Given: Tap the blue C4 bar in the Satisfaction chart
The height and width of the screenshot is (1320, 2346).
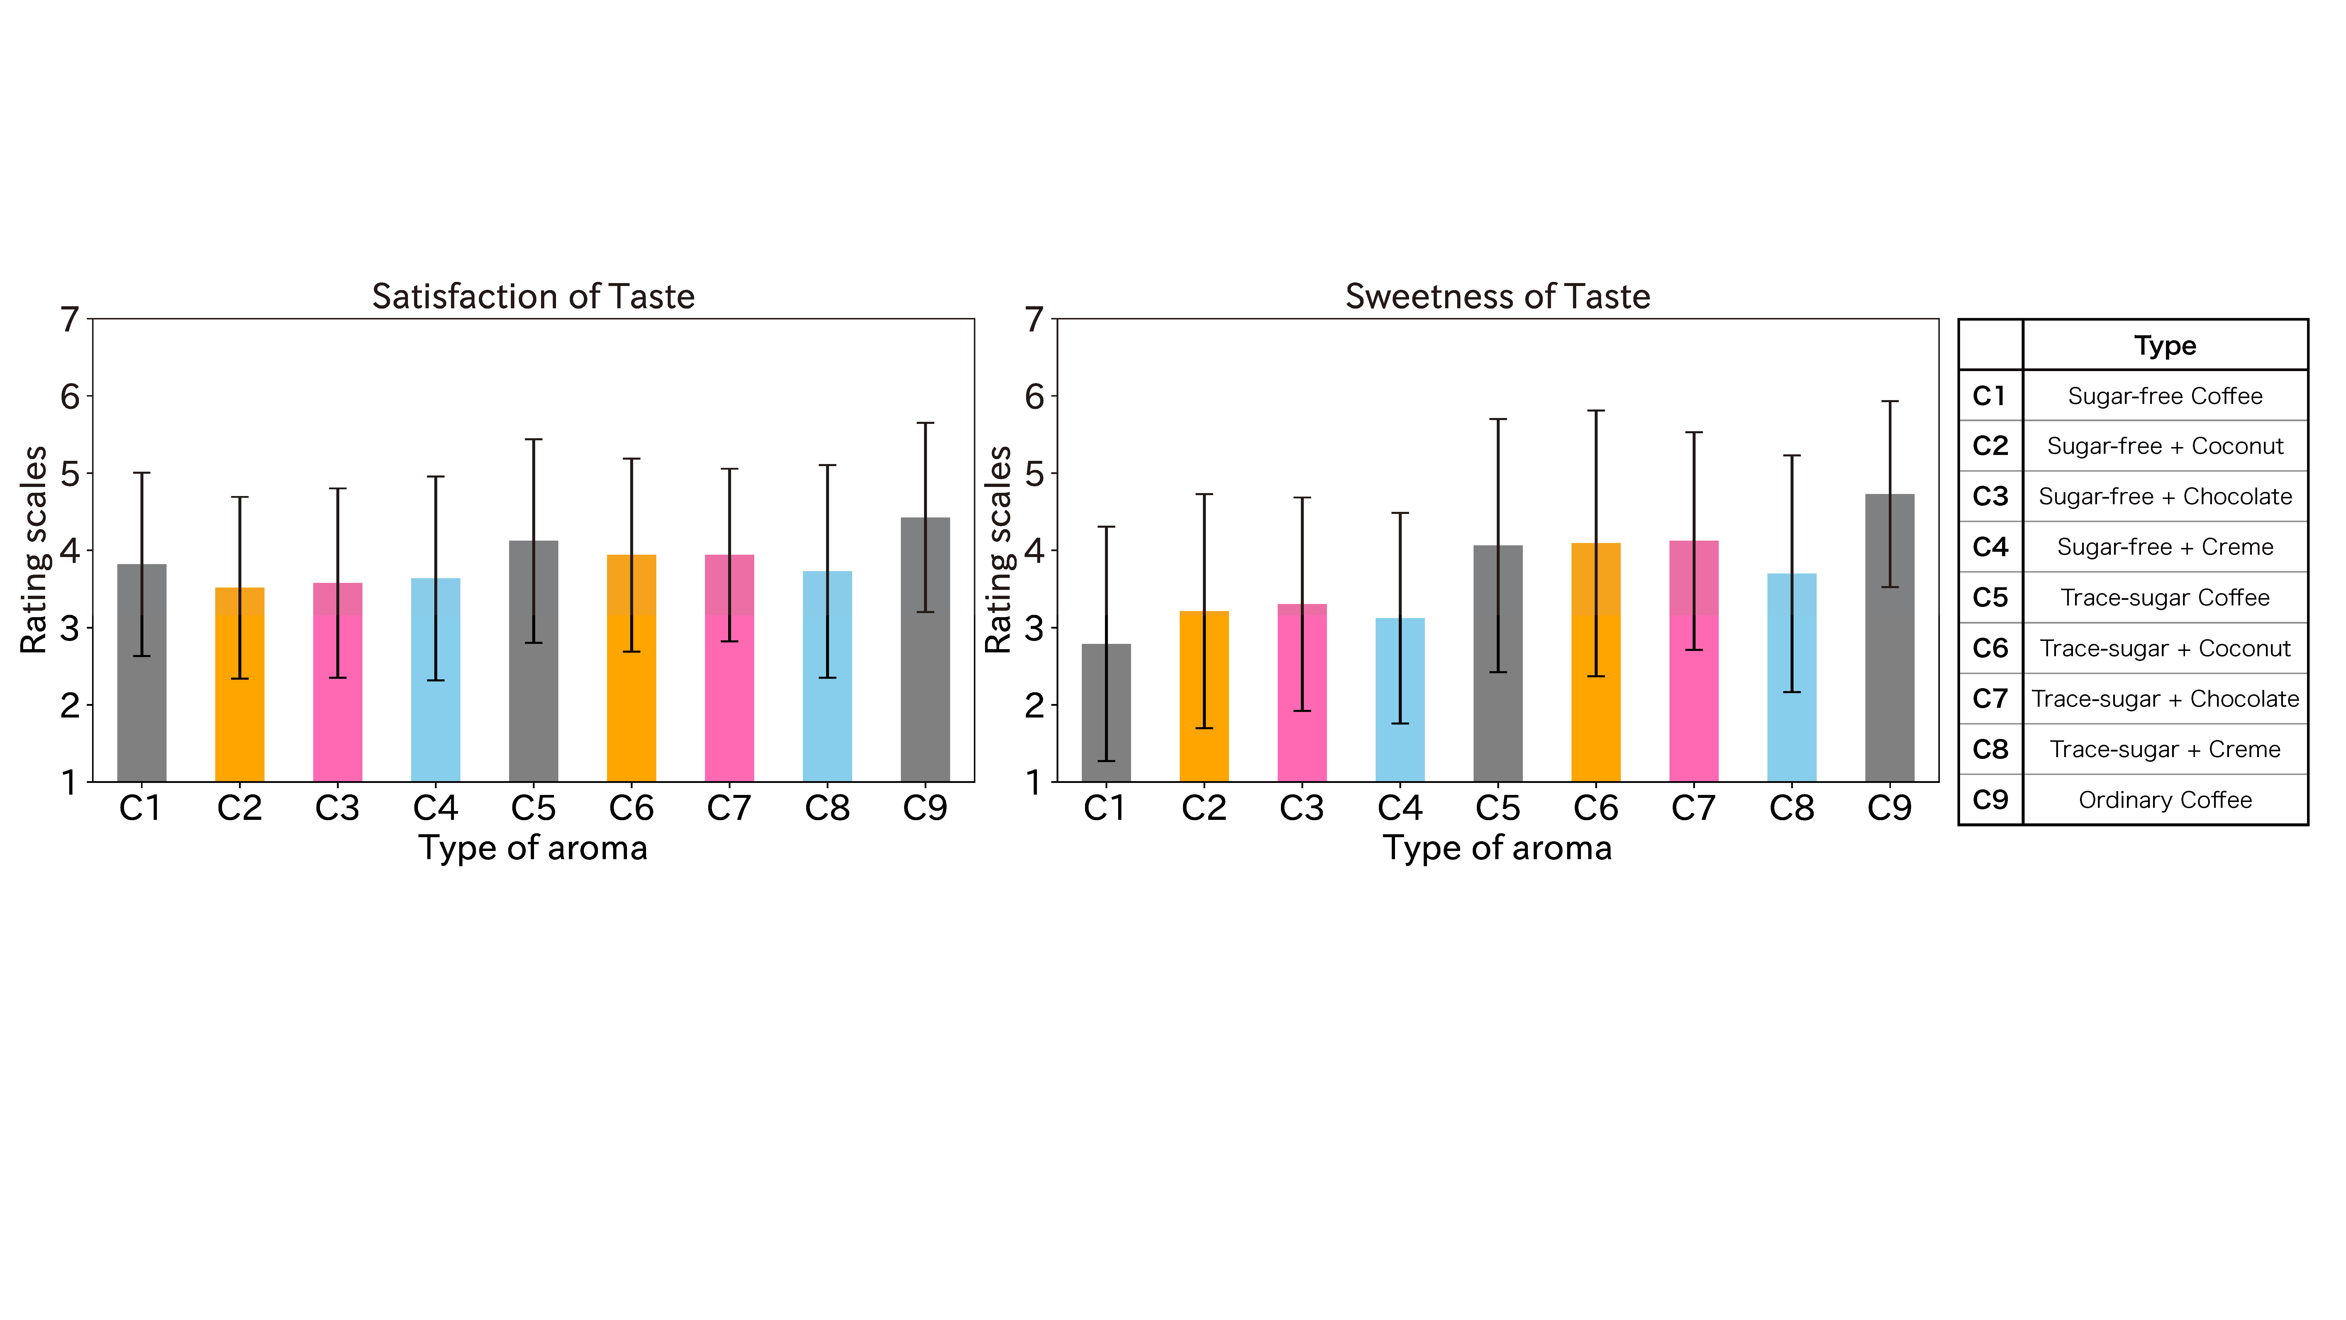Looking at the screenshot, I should point(435,710).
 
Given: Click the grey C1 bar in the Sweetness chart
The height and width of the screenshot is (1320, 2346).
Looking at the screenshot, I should point(1106,729).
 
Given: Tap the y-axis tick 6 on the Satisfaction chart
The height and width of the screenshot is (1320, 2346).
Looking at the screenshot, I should point(70,396).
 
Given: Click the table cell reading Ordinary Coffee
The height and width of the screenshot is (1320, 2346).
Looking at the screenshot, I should point(2165,800).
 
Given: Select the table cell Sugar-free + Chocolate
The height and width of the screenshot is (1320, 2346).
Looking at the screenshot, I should point(2165,497).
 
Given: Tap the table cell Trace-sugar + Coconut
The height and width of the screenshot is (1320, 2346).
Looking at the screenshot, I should point(2165,649).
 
